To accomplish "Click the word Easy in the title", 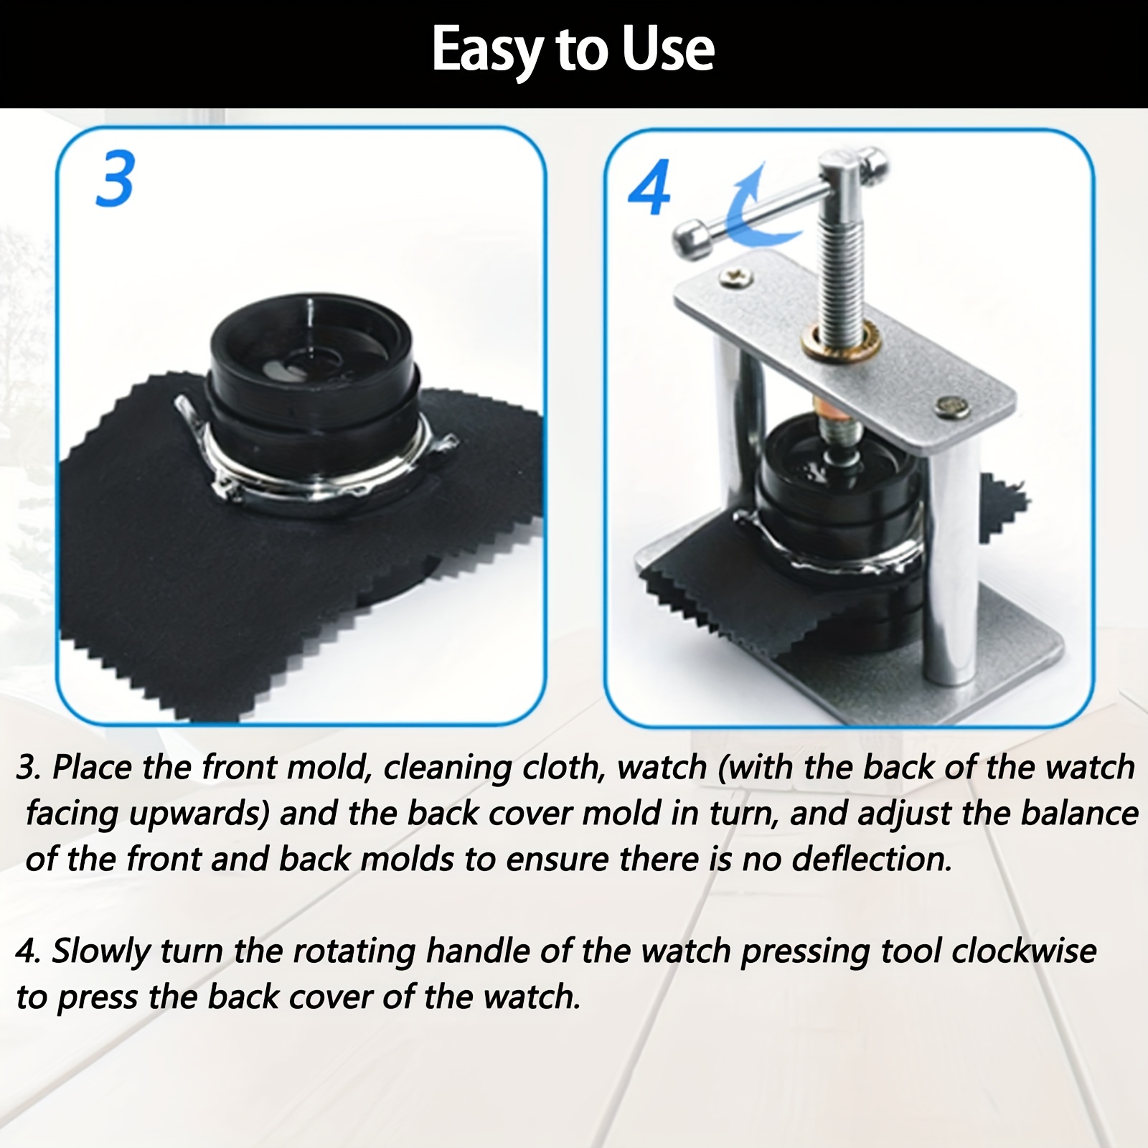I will [487, 50].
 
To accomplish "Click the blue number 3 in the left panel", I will [115, 179].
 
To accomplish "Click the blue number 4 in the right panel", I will [649, 187].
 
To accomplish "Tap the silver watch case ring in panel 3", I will [316, 488].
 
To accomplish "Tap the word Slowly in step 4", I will [100, 952].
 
